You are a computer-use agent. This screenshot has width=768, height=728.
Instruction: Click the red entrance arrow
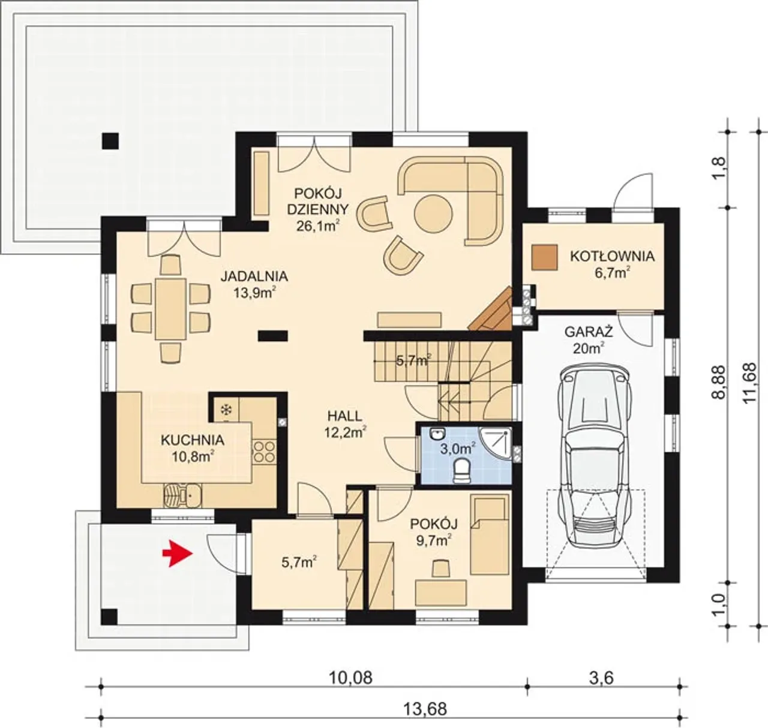click(178, 553)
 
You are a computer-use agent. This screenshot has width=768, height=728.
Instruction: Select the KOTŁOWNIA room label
click(612, 256)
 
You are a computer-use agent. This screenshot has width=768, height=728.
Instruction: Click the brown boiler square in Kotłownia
click(544, 257)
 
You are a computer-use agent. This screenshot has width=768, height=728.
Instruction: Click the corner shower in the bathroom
click(496, 444)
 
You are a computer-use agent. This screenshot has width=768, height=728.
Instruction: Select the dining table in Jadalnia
click(170, 309)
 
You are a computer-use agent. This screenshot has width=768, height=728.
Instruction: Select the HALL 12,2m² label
click(345, 423)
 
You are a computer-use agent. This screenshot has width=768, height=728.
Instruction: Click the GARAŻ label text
click(589, 332)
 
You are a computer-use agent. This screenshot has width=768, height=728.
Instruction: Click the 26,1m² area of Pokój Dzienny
click(317, 225)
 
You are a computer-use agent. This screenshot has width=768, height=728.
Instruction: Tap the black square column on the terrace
click(110, 140)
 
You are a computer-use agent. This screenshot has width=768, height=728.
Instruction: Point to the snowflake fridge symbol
click(226, 410)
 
